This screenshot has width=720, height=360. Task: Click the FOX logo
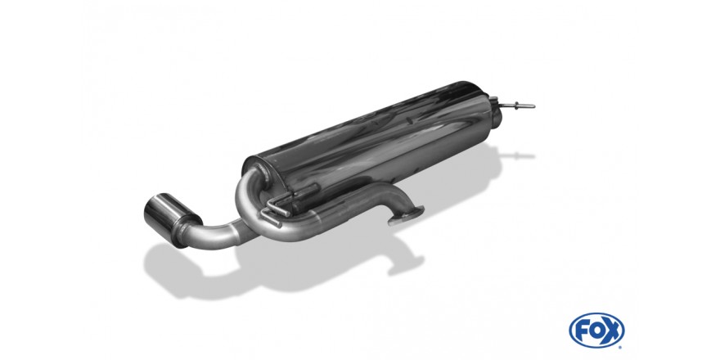[x=596, y=330]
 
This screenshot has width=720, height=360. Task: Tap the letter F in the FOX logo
[x=581, y=331]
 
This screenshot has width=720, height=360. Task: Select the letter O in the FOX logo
[x=596, y=331]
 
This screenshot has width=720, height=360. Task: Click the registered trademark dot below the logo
[x=620, y=347]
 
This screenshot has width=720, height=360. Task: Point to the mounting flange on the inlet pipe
[x=406, y=216]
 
